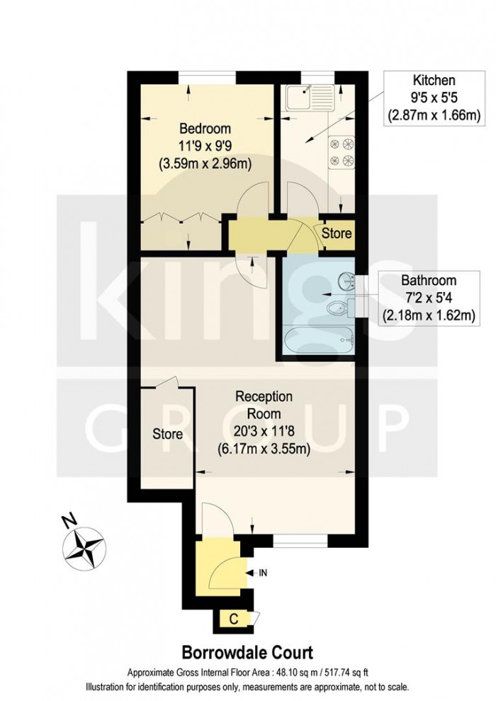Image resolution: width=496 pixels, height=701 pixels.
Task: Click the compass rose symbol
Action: coord(85,547)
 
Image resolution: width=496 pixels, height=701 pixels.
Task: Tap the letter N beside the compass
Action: coord(69,522)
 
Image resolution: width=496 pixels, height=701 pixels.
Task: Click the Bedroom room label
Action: coord(205,129)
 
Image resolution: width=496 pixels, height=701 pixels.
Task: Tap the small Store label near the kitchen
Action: coord(337,232)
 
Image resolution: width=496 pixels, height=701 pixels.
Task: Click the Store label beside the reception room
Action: coord(168,434)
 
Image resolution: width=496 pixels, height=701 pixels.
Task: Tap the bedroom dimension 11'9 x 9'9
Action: coord(205,147)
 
